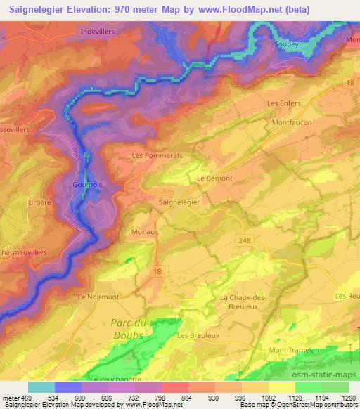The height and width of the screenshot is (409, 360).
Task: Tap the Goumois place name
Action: point(88,185)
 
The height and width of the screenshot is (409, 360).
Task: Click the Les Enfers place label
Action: point(284,103)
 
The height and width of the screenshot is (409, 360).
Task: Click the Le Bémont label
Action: point(214,178)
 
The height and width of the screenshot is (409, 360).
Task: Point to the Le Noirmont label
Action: point(98,297)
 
